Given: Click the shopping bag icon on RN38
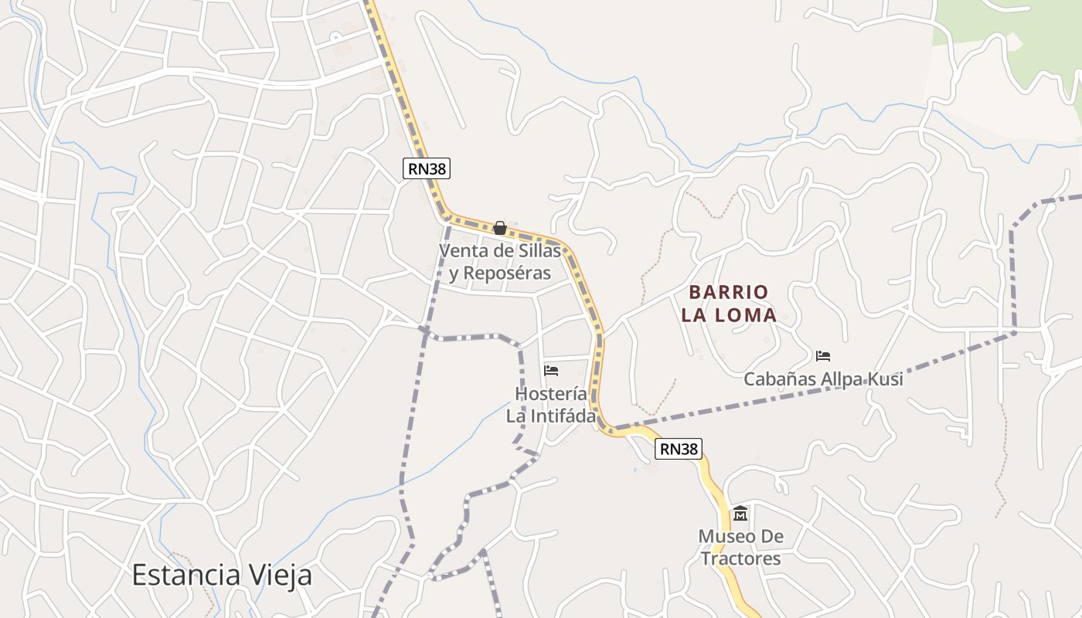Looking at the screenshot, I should tap(500, 228).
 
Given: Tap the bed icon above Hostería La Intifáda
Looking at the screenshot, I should tap(551, 371).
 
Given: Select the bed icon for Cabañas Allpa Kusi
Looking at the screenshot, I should tap(823, 356).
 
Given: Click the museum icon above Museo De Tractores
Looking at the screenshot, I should tap(740, 513).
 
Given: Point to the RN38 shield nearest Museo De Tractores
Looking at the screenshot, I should tap(679, 449).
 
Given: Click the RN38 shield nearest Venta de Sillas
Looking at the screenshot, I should tap(427, 168).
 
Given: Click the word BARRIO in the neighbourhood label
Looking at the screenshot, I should tap(729, 292).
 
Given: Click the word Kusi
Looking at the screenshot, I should tap(884, 379).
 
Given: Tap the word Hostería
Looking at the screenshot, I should tap(551, 393).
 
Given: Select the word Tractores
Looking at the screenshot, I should tap(740, 558).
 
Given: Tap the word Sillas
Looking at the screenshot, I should tap(539, 251).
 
